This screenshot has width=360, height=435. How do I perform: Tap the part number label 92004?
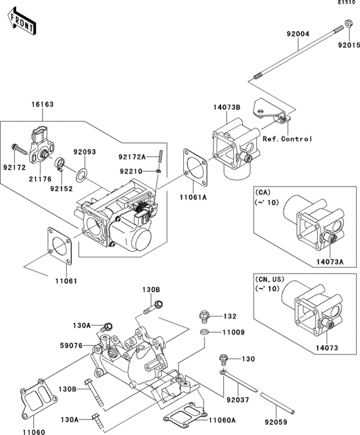pos(298,34)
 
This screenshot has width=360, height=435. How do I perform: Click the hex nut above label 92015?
pos(348,23)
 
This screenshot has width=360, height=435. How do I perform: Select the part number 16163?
pos(42,104)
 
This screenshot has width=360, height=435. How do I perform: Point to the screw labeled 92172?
pos(19,149)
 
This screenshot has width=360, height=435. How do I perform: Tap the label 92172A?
pos(132,157)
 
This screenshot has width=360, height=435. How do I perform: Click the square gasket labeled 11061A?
pos(195,167)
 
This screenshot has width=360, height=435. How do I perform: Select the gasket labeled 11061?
pos(60,246)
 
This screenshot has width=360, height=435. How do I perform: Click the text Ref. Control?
pos(287,139)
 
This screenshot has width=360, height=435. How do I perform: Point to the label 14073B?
pos(227,107)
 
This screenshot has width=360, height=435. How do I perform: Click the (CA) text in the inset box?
pos(262,192)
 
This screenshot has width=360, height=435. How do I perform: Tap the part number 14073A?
pos(330,261)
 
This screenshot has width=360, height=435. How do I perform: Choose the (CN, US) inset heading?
pos(269,279)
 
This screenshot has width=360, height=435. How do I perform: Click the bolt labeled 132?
pos(204,317)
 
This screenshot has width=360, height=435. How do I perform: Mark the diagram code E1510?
pos(346,3)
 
